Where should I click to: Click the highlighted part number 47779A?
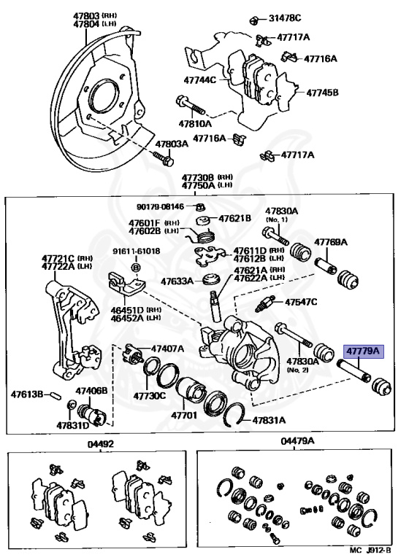[363, 351]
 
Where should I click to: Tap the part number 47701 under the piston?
[185, 415]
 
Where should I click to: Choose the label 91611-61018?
[136, 251]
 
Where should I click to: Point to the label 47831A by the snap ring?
[270, 420]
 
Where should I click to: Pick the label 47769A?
[330, 241]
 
